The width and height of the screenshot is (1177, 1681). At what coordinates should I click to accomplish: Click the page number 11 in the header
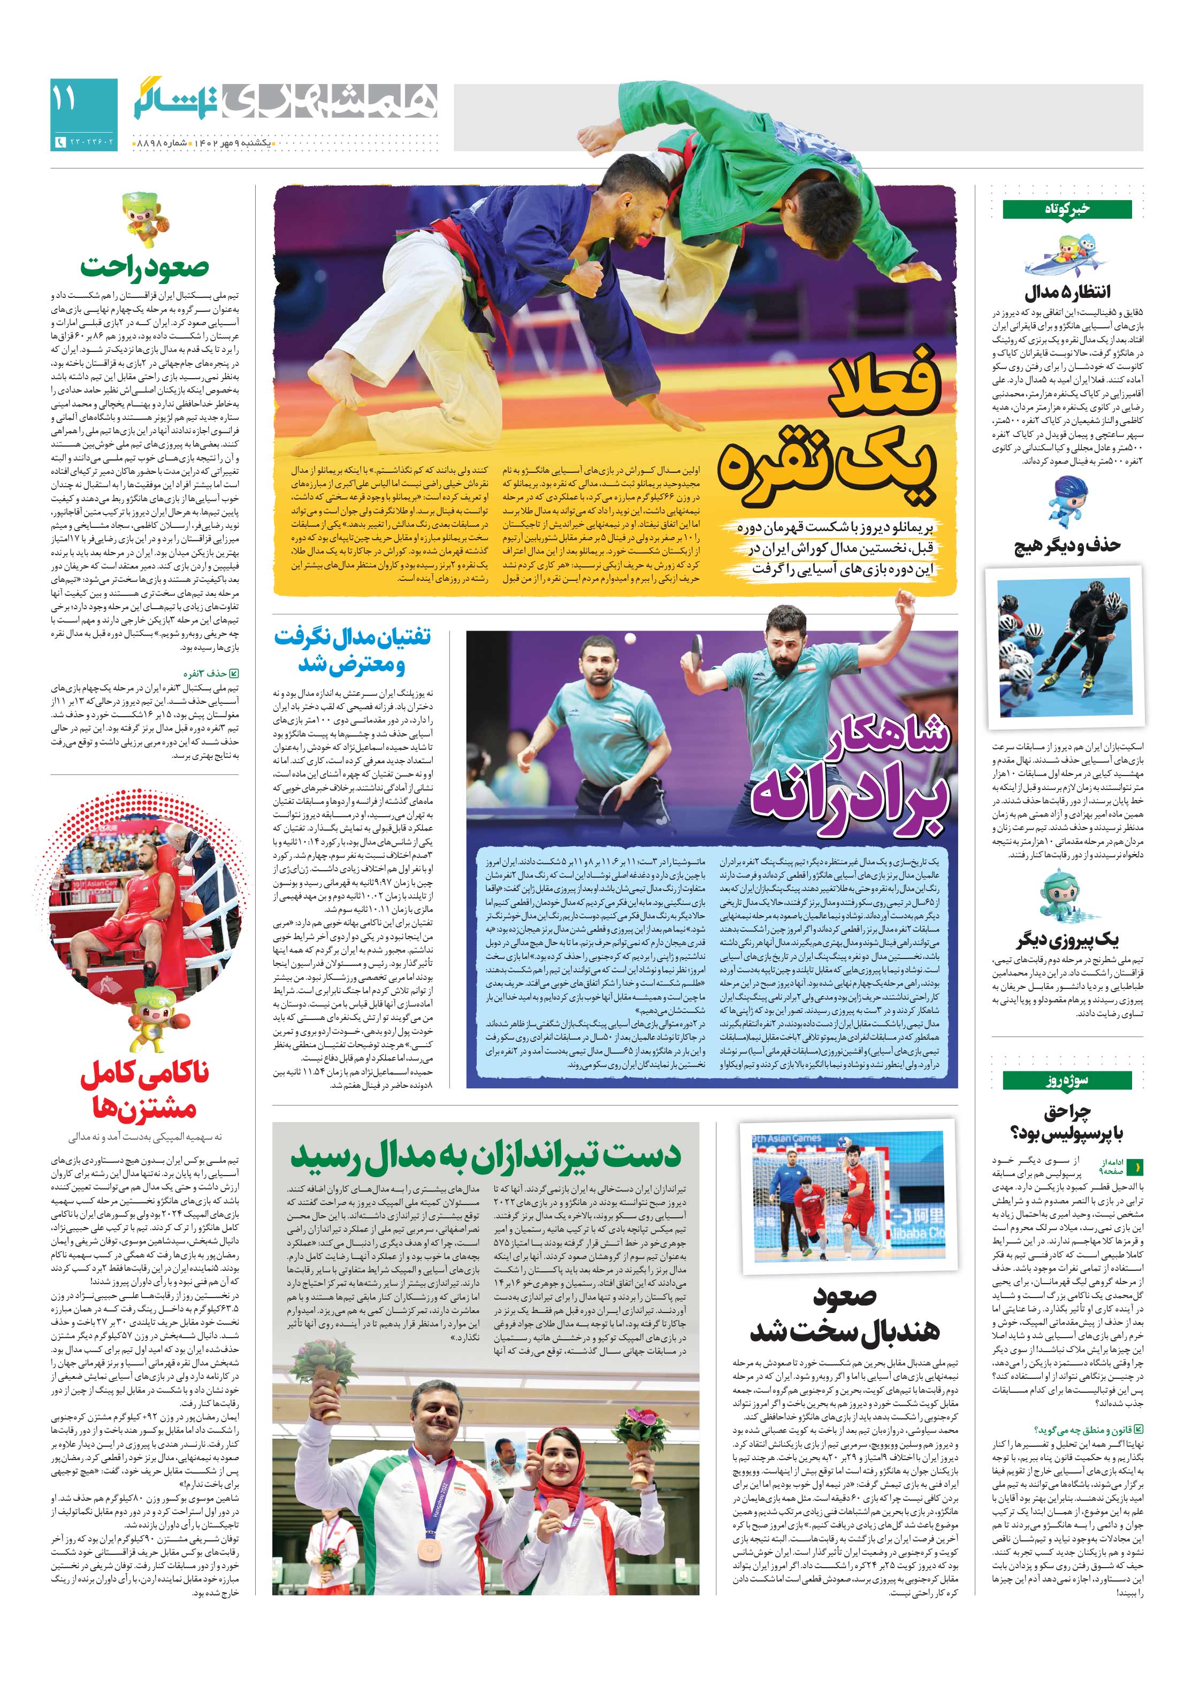pos(64,99)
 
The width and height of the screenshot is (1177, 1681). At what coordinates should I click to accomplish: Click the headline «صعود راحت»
pos(145,268)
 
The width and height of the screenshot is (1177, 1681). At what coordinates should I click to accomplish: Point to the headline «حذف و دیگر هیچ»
pos(1066,546)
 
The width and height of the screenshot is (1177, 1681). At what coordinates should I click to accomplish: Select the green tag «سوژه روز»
pos(1066,1080)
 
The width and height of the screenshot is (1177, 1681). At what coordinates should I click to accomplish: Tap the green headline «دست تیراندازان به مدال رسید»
pos(486,1157)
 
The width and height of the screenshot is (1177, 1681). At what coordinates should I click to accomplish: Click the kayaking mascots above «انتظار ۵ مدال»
pos(1066,256)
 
